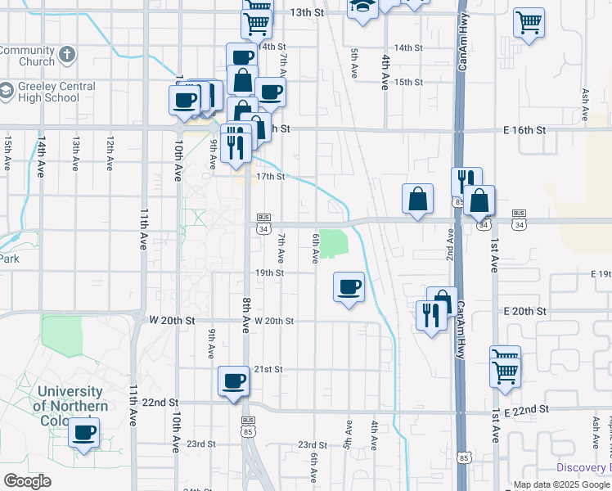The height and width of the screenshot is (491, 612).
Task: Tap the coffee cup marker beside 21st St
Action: [x=234, y=380]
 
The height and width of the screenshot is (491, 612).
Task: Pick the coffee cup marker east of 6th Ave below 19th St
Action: [x=349, y=286]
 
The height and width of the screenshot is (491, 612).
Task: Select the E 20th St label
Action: [x=524, y=312]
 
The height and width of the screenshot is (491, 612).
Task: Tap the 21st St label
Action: [x=268, y=370]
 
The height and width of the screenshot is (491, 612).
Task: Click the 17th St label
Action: [x=270, y=177]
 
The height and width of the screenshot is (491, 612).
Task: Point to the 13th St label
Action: [x=308, y=13]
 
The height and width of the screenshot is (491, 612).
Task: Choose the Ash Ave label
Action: [x=585, y=101]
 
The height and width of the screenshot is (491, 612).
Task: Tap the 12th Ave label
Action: [x=109, y=153]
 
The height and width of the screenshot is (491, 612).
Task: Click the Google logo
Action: [x=28, y=481]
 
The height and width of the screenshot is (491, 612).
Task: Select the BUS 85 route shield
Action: [x=248, y=426]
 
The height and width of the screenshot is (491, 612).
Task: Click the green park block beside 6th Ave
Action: [x=333, y=243]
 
